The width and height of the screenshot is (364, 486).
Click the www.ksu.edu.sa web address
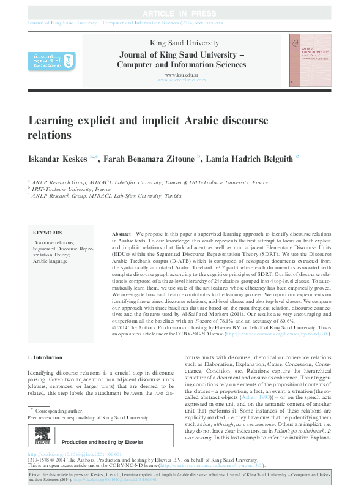click(182, 74)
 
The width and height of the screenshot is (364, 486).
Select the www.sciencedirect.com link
click(182, 80)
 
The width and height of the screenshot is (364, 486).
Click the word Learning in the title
click(50, 120)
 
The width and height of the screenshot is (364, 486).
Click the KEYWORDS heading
click(48, 233)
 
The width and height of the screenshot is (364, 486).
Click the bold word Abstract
click(122, 235)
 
